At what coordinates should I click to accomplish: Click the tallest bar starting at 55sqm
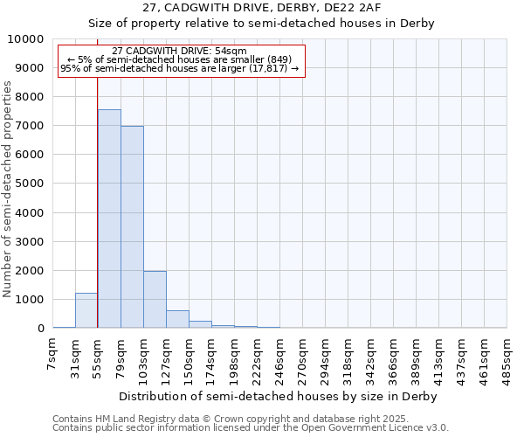click(x=109, y=218)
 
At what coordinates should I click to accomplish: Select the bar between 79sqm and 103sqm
click(x=132, y=227)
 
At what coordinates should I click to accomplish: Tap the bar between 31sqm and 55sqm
click(x=86, y=311)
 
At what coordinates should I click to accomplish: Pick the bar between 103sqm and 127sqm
click(x=155, y=300)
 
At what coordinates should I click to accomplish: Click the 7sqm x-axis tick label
click(x=53, y=353)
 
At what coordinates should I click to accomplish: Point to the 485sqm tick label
click(x=507, y=358)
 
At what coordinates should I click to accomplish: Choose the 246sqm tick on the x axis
click(x=279, y=358)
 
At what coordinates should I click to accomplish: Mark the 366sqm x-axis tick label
click(x=393, y=358)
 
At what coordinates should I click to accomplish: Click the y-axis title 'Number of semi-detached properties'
click(x=8, y=190)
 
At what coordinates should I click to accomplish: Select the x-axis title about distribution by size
click(x=278, y=396)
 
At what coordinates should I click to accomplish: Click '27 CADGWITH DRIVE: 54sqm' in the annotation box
click(x=180, y=52)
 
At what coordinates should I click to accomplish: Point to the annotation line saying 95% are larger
click(x=180, y=68)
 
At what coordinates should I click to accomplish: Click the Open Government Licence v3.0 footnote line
click(x=251, y=428)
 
